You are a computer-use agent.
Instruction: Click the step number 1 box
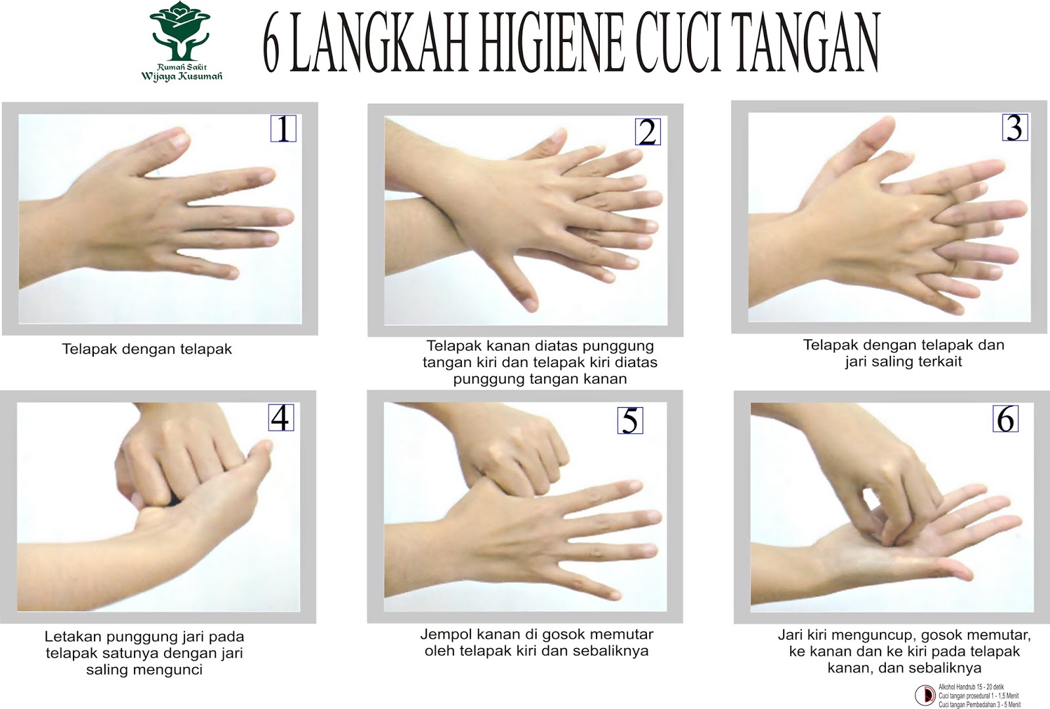pos(283,129)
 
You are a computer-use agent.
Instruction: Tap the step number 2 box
pos(647,133)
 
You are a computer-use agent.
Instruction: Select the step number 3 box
pos(1015,127)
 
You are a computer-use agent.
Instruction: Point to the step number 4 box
pos(281,418)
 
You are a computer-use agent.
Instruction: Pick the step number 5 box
pos(630,421)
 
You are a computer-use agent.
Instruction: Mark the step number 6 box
pos(1005,419)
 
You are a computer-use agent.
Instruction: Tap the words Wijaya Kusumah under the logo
pos(182,77)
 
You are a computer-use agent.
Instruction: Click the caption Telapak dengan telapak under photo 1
pos(147,349)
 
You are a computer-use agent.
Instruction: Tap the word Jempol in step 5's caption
pos(444,635)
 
